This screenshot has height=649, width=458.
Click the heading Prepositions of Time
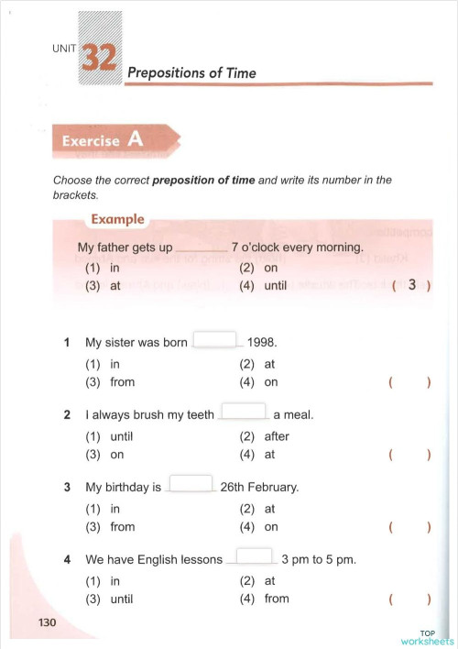tap(191, 72)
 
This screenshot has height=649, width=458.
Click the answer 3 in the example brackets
tap(412, 285)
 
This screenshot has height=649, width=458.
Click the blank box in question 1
tap(215, 340)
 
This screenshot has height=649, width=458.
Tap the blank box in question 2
tap(244, 412)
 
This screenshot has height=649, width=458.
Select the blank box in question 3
tap(191, 485)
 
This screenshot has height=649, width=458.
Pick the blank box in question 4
tap(255, 556)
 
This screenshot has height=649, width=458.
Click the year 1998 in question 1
tap(262, 343)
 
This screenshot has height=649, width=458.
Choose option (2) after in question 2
tap(264, 436)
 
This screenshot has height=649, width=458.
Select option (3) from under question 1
tap(110, 382)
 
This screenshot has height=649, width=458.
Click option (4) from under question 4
tap(264, 599)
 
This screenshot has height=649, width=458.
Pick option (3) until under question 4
tap(110, 599)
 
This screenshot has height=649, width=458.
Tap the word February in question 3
tap(274, 488)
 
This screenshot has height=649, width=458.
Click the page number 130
tap(47, 623)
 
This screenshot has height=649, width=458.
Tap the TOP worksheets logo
tap(428, 637)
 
